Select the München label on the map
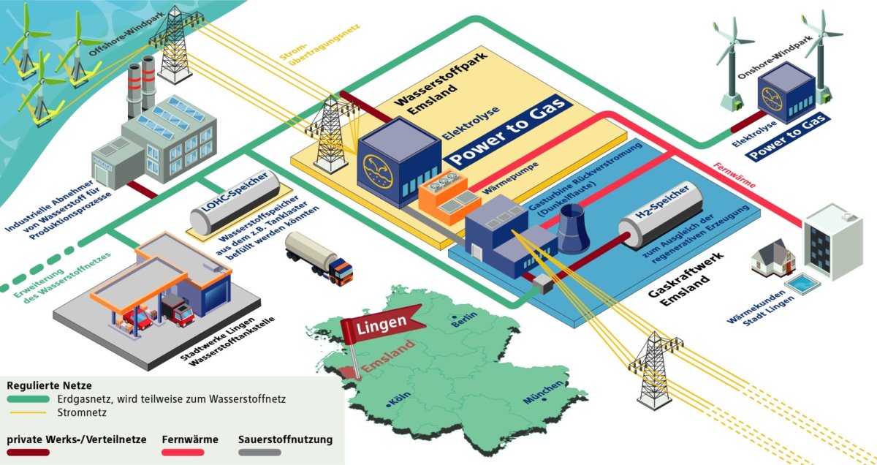click(x=542, y=393)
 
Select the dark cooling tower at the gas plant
click(x=573, y=228)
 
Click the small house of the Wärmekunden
click(x=772, y=258)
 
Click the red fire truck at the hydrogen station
click(x=178, y=312)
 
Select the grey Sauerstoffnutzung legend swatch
click(x=259, y=453)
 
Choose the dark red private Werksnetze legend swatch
click(x=29, y=453)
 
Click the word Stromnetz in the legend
click(x=79, y=412)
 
